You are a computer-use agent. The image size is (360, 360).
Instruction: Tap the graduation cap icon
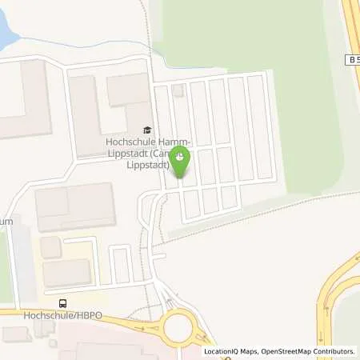[146, 130]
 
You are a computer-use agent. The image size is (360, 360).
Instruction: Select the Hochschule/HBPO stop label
[34, 314]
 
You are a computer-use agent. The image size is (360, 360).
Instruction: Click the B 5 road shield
[352, 60]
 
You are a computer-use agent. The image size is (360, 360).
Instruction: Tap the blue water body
[6, 24]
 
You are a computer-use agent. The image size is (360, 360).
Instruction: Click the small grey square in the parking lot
[178, 91]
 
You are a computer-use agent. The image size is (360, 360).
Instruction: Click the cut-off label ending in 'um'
[6, 221]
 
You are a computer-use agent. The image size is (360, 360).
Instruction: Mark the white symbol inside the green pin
[181, 158]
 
